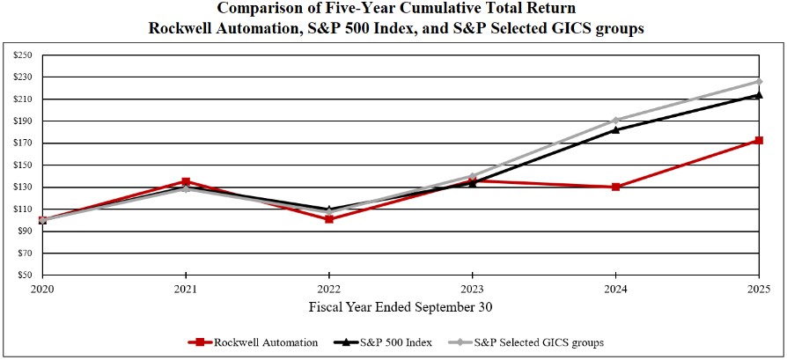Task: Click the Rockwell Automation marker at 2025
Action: click(759, 140)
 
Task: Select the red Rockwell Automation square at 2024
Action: click(615, 187)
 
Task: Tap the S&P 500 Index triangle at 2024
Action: click(615, 129)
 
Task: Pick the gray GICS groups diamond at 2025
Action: click(759, 81)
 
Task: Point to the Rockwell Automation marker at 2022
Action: click(329, 218)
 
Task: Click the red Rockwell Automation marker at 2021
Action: click(186, 181)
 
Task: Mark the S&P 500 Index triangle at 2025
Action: click(759, 94)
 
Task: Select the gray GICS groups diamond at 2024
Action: click(615, 120)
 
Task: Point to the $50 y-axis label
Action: click(24, 276)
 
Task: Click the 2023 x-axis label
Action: click(473, 288)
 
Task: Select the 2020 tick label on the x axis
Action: click(42, 288)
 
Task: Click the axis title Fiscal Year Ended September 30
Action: click(401, 307)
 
